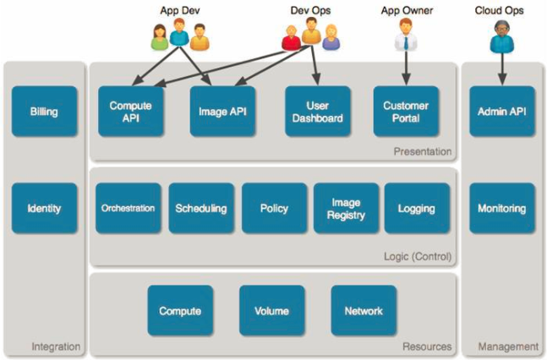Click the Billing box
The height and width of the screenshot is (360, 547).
[44, 112]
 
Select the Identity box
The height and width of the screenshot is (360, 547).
[44, 208]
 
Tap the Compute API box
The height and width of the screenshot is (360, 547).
[131, 112]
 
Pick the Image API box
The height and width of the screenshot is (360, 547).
[222, 112]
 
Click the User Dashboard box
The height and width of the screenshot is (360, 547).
[317, 112]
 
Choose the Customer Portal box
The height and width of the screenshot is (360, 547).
[406, 112]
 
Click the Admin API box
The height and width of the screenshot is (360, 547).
[502, 112]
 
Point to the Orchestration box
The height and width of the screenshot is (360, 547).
[128, 208]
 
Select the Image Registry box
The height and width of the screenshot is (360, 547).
[346, 208]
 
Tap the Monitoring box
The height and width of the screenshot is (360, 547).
[502, 208]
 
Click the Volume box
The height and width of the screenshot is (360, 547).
[271, 310]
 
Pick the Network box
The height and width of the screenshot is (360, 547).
[364, 310]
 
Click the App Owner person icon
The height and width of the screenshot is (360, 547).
[406, 35]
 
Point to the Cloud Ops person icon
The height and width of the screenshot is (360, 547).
[501, 36]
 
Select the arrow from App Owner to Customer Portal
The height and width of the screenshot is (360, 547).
[406, 68]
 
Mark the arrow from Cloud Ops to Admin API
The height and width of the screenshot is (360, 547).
[502, 69]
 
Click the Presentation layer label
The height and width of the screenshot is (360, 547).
[423, 152]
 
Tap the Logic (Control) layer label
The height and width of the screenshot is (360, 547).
[418, 257]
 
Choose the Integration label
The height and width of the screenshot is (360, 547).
[56, 346]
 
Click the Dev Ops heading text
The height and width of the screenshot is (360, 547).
[310, 10]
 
